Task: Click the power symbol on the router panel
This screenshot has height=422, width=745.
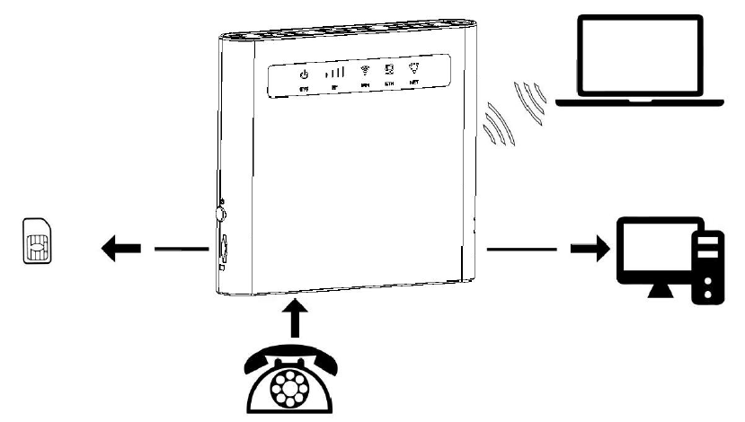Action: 304,75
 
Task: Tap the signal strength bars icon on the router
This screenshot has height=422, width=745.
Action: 333,73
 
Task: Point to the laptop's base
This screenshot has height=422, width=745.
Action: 641,102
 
